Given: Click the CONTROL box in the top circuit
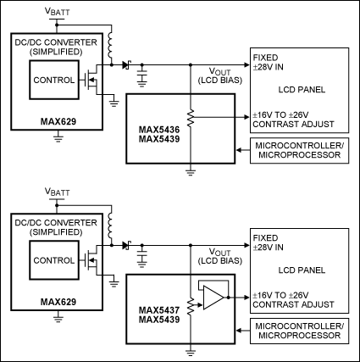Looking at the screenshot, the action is pyautogui.click(x=54, y=80).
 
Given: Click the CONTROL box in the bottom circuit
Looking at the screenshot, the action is pyautogui.click(x=54, y=260).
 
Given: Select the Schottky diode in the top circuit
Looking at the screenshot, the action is pyautogui.click(x=126, y=65).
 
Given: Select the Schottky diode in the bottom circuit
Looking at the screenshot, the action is pyautogui.click(x=126, y=245).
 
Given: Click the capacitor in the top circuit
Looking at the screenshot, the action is pyautogui.click(x=142, y=78).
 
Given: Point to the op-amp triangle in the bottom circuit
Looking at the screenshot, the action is pyautogui.click(x=213, y=298).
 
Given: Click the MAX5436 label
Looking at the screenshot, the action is pyautogui.click(x=159, y=130).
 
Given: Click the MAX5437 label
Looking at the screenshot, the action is pyautogui.click(x=159, y=310).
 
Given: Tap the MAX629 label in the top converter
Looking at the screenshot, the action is pyautogui.click(x=58, y=121).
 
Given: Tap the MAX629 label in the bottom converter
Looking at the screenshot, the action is pyautogui.click(x=58, y=302).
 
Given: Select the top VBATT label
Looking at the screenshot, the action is pyautogui.click(x=58, y=12).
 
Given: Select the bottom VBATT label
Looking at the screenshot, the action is pyautogui.click(x=58, y=192).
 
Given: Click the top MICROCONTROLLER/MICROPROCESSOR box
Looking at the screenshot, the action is pyautogui.click(x=299, y=151).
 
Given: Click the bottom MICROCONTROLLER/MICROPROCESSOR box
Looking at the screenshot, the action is pyautogui.click(x=299, y=331).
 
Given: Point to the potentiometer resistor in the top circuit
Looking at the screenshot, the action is pyautogui.click(x=191, y=118).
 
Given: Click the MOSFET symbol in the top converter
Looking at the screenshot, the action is pyautogui.click(x=91, y=80).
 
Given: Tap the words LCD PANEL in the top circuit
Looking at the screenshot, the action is pyautogui.click(x=302, y=90).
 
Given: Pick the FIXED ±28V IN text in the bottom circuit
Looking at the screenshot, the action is pyautogui.click(x=268, y=242).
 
